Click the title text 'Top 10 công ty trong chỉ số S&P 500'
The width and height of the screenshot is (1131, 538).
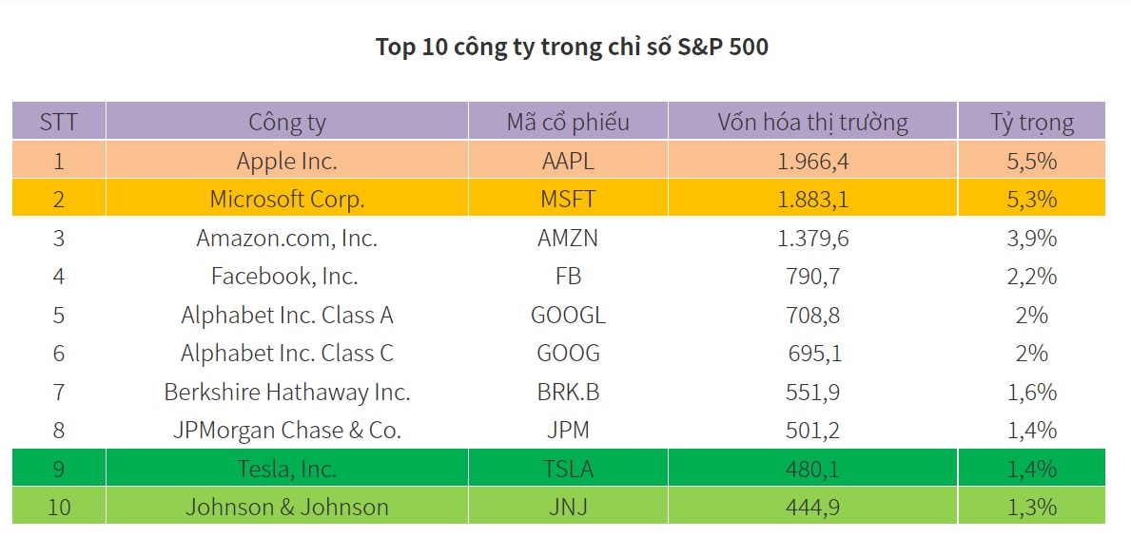[x=572, y=47]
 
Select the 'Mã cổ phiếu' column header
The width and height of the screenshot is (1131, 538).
[x=567, y=122]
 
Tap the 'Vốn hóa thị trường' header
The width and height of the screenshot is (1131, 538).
[x=812, y=122]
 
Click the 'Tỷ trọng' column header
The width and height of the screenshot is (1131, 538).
[x=1031, y=122]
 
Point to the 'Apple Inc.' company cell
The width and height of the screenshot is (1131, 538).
[x=286, y=161]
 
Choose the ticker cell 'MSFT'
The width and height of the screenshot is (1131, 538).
[x=567, y=200]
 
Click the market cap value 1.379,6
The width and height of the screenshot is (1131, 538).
[x=812, y=238]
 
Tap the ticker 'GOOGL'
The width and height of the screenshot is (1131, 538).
[x=567, y=315]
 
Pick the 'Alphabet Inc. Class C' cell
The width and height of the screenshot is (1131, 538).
[x=286, y=354]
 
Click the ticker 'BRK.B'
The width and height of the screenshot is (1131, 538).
[x=567, y=392]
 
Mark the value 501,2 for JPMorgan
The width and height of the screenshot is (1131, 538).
[x=812, y=431]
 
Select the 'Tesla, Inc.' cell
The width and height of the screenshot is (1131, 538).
[x=286, y=469]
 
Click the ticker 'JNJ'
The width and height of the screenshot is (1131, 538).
[x=567, y=507]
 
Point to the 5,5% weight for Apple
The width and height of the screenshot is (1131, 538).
[x=1031, y=161]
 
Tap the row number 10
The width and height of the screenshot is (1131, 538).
[x=59, y=507]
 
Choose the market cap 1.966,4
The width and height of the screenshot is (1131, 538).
[x=812, y=161]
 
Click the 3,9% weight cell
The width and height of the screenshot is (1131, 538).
[x=1031, y=238]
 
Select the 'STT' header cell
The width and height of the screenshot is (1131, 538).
[x=59, y=122]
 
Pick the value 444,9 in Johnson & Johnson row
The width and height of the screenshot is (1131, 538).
[x=812, y=507]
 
